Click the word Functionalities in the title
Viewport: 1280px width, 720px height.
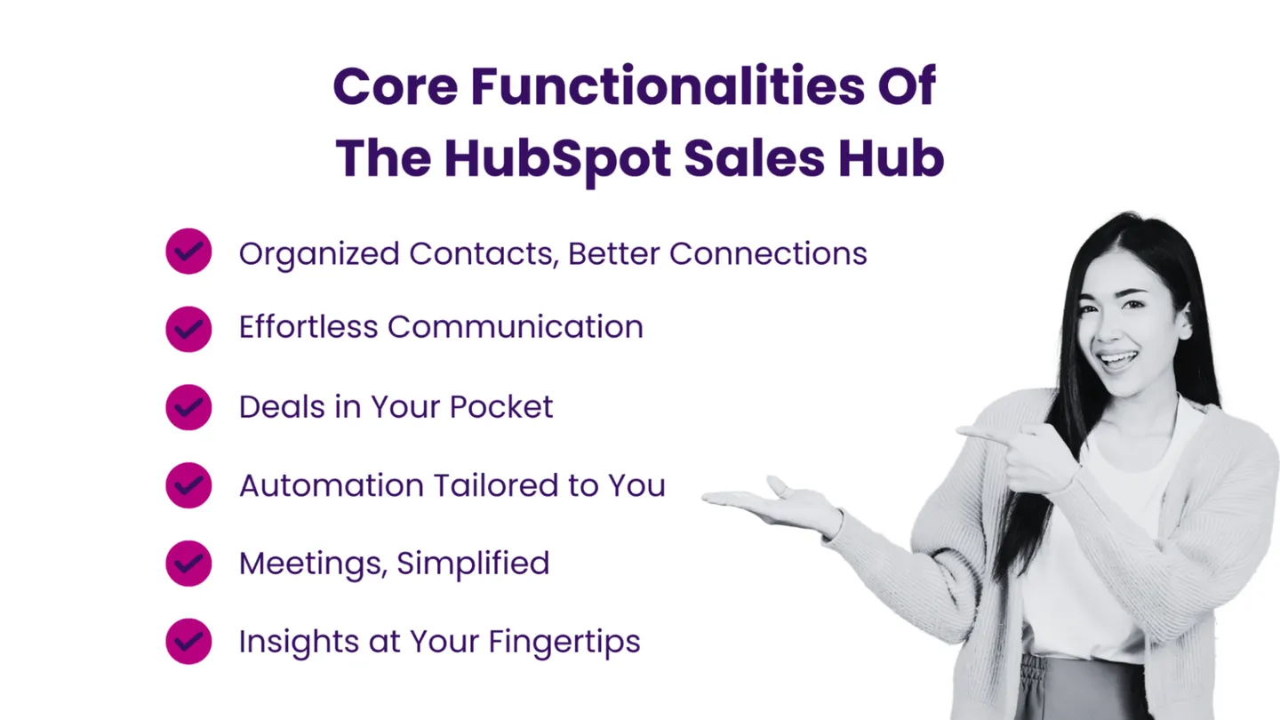(x=668, y=86)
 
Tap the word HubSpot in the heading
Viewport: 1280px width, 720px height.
(x=557, y=160)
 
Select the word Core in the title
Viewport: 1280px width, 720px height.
(x=396, y=86)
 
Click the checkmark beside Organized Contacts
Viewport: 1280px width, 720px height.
(x=188, y=252)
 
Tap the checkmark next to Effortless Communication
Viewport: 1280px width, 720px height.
(x=188, y=329)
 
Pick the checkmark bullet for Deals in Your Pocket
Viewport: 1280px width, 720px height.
(x=188, y=407)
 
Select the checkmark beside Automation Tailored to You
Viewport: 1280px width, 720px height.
(x=188, y=485)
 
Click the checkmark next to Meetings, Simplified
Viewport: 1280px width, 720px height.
(x=188, y=564)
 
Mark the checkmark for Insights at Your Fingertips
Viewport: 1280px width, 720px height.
(x=188, y=641)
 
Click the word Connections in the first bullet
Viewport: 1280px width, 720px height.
(x=768, y=253)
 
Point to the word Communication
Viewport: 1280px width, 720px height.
(x=516, y=327)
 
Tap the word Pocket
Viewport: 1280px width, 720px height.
(x=501, y=407)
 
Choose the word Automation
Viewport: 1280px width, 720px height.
(x=332, y=485)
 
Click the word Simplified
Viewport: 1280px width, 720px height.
(x=473, y=564)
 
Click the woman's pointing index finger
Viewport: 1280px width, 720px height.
(x=983, y=433)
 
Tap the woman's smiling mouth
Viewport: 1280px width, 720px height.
(x=1118, y=360)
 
